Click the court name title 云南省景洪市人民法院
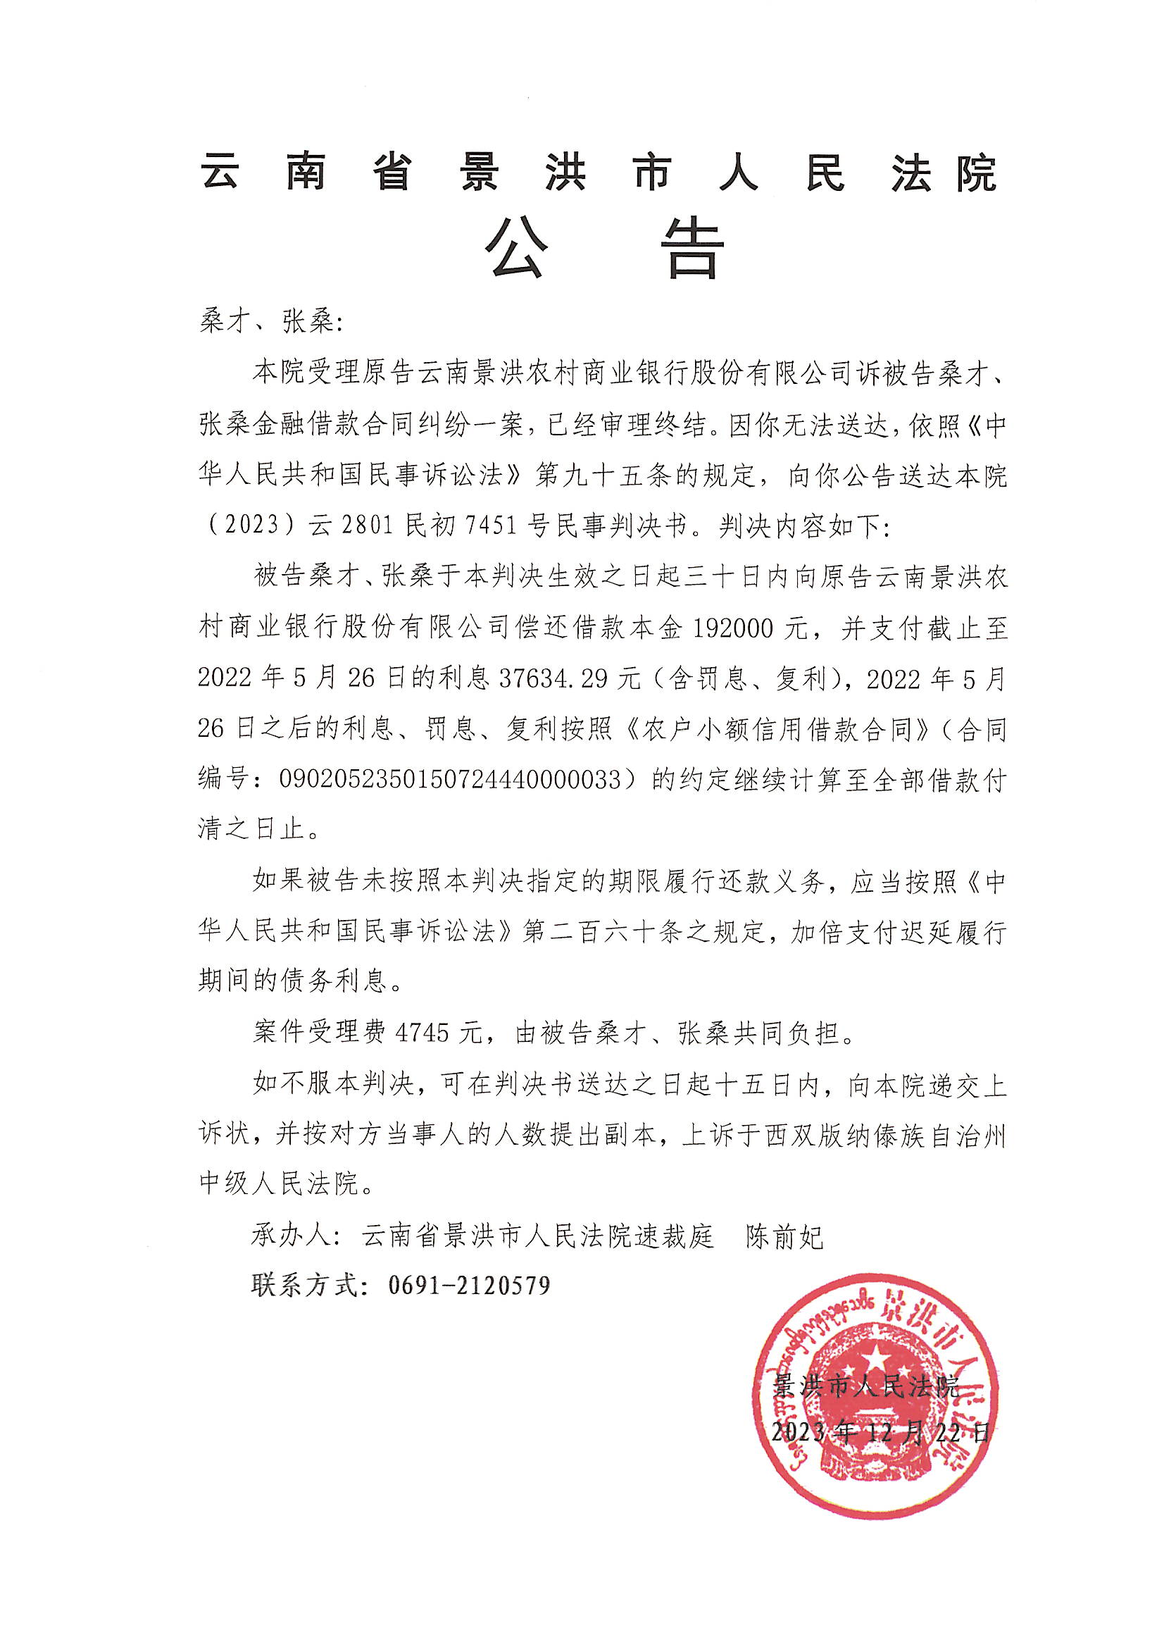pos(599,173)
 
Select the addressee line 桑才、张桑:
pos(271,323)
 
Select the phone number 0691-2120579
pos(469,1285)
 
